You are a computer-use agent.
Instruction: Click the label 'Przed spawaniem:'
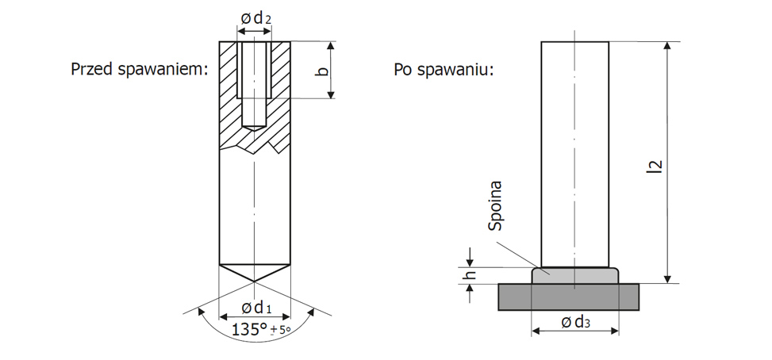click(139, 69)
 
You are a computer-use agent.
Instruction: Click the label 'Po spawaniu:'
click(444, 69)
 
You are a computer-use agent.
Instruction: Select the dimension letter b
click(321, 71)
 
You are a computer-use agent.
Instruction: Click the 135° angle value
click(248, 329)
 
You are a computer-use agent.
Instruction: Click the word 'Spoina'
click(497, 208)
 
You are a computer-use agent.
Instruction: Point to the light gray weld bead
click(575, 274)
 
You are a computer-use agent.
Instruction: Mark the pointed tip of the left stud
click(254, 280)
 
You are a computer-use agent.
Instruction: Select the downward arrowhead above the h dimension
click(470, 262)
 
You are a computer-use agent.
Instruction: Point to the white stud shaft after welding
click(575, 151)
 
